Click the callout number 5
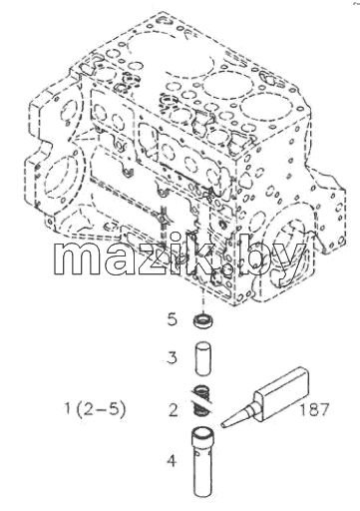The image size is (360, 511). click(x=173, y=319)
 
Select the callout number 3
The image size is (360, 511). click(x=173, y=358)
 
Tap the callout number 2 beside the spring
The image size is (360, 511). click(x=174, y=410)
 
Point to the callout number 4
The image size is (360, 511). click(x=172, y=461)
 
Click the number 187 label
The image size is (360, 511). click(x=314, y=409)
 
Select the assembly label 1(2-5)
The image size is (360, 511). click(x=95, y=409)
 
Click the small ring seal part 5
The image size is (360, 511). click(x=203, y=320)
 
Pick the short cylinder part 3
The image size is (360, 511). click(x=202, y=359)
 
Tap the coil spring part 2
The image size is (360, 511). click(x=202, y=400)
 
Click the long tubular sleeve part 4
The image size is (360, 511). click(x=202, y=463)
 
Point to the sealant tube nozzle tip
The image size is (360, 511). click(x=222, y=425)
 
